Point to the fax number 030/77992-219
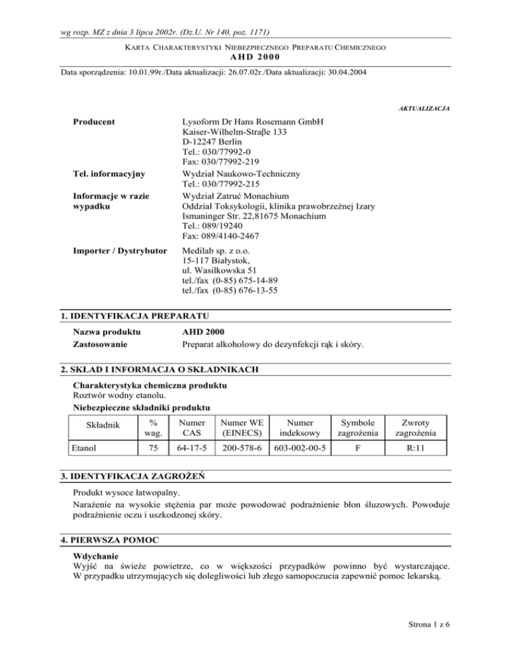(220, 163)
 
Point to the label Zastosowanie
(101, 344)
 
